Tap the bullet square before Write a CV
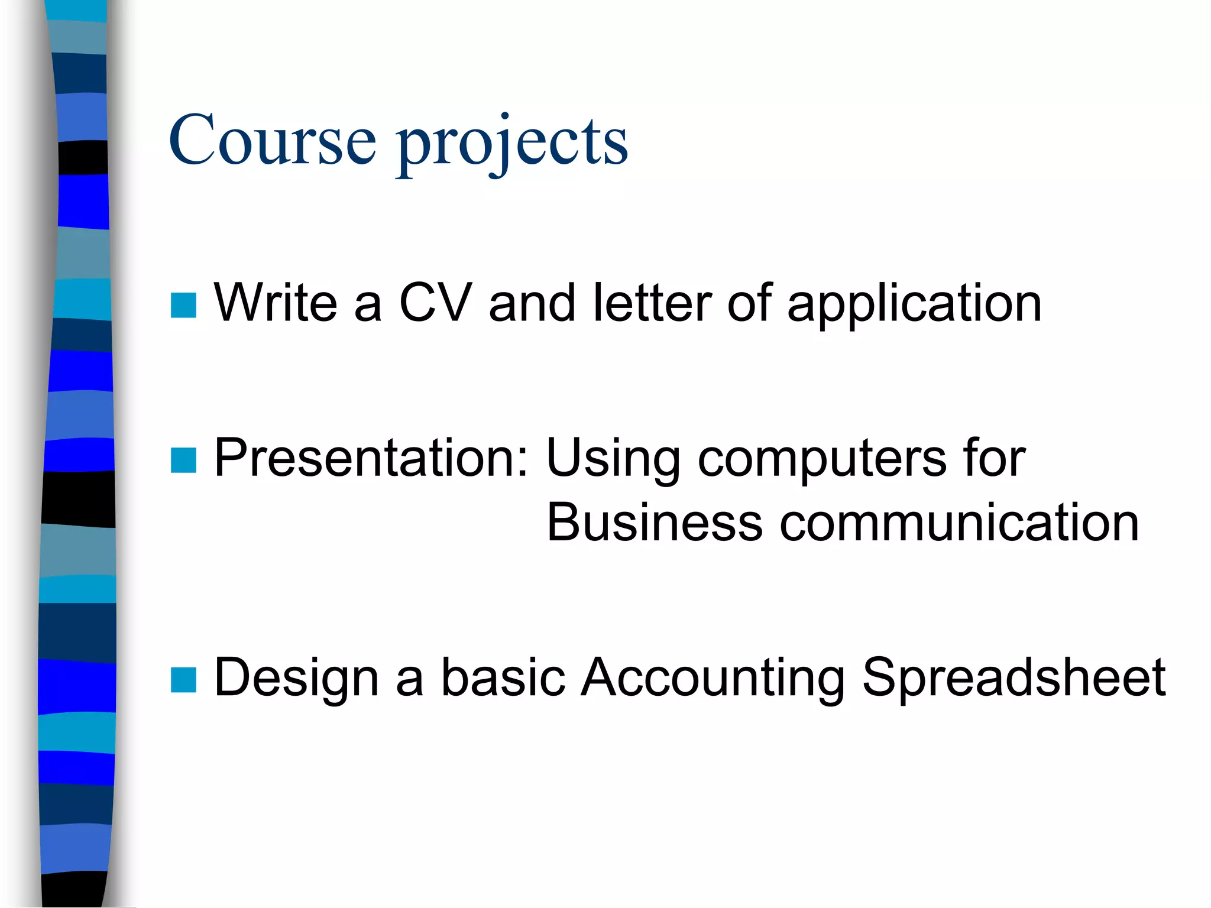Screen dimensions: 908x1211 pyautogui.click(x=183, y=305)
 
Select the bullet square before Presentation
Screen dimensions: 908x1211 pyautogui.click(x=183, y=461)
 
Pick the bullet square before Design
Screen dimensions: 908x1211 pyautogui.click(x=183, y=679)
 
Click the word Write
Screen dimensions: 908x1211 pyautogui.click(x=276, y=303)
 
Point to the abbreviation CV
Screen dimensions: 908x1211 pyautogui.click(x=435, y=303)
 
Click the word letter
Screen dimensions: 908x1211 pyautogui.click(x=652, y=303)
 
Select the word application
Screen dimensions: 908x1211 pyautogui.click(x=914, y=305)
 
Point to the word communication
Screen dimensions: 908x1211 pyautogui.click(x=959, y=522)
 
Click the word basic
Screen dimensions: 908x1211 pyautogui.click(x=503, y=677)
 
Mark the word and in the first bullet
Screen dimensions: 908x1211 pyautogui.click(x=532, y=303)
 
